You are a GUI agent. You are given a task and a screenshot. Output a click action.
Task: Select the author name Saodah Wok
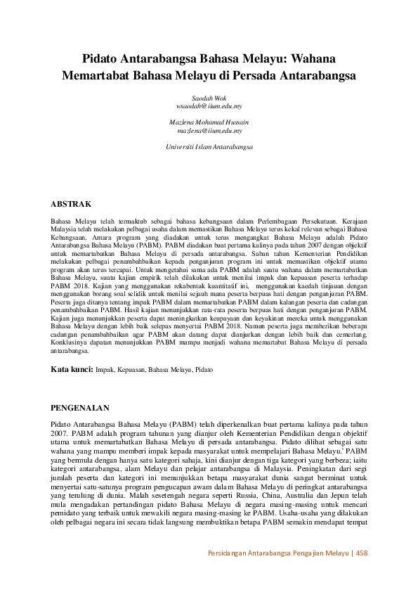[209, 98]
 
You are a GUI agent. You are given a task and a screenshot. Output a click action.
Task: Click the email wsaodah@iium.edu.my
[209, 106]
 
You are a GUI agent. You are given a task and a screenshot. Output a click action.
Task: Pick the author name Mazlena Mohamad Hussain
[209, 122]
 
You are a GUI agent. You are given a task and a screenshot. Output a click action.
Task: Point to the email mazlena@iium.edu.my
[209, 131]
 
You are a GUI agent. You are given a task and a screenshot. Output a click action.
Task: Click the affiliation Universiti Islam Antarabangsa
[209, 147]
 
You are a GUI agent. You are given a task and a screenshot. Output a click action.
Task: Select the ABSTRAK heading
[71, 204]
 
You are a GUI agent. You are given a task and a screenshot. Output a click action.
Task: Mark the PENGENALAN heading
[80, 408]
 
